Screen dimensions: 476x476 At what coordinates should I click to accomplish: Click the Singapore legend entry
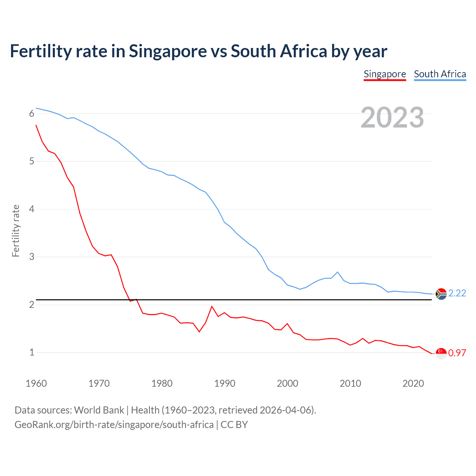(385, 74)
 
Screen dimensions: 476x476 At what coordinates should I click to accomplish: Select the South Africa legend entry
(440, 74)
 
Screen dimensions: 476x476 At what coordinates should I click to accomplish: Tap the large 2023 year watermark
(392, 118)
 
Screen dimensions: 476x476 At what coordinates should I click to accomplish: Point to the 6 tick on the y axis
(32, 114)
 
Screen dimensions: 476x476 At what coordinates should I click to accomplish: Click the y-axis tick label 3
(32, 257)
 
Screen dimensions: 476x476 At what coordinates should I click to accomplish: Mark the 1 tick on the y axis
(32, 352)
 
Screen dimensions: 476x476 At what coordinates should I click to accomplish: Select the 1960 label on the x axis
(36, 383)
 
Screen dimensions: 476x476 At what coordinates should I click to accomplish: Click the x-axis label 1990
(225, 383)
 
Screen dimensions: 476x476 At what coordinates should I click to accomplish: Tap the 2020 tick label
(413, 383)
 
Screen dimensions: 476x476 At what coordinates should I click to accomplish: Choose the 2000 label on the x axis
(287, 383)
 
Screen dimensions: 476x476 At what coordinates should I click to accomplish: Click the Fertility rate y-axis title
(16, 231)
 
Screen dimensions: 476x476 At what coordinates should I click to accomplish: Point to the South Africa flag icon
(441, 294)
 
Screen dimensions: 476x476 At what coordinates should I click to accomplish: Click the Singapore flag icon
(441, 353)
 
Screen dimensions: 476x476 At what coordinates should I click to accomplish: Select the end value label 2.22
(457, 293)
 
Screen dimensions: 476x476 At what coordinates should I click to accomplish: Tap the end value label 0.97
(457, 353)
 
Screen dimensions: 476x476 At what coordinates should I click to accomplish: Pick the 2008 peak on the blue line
(337, 272)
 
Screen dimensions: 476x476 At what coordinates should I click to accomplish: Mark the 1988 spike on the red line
(212, 306)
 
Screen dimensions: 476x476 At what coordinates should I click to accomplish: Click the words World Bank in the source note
(99, 410)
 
